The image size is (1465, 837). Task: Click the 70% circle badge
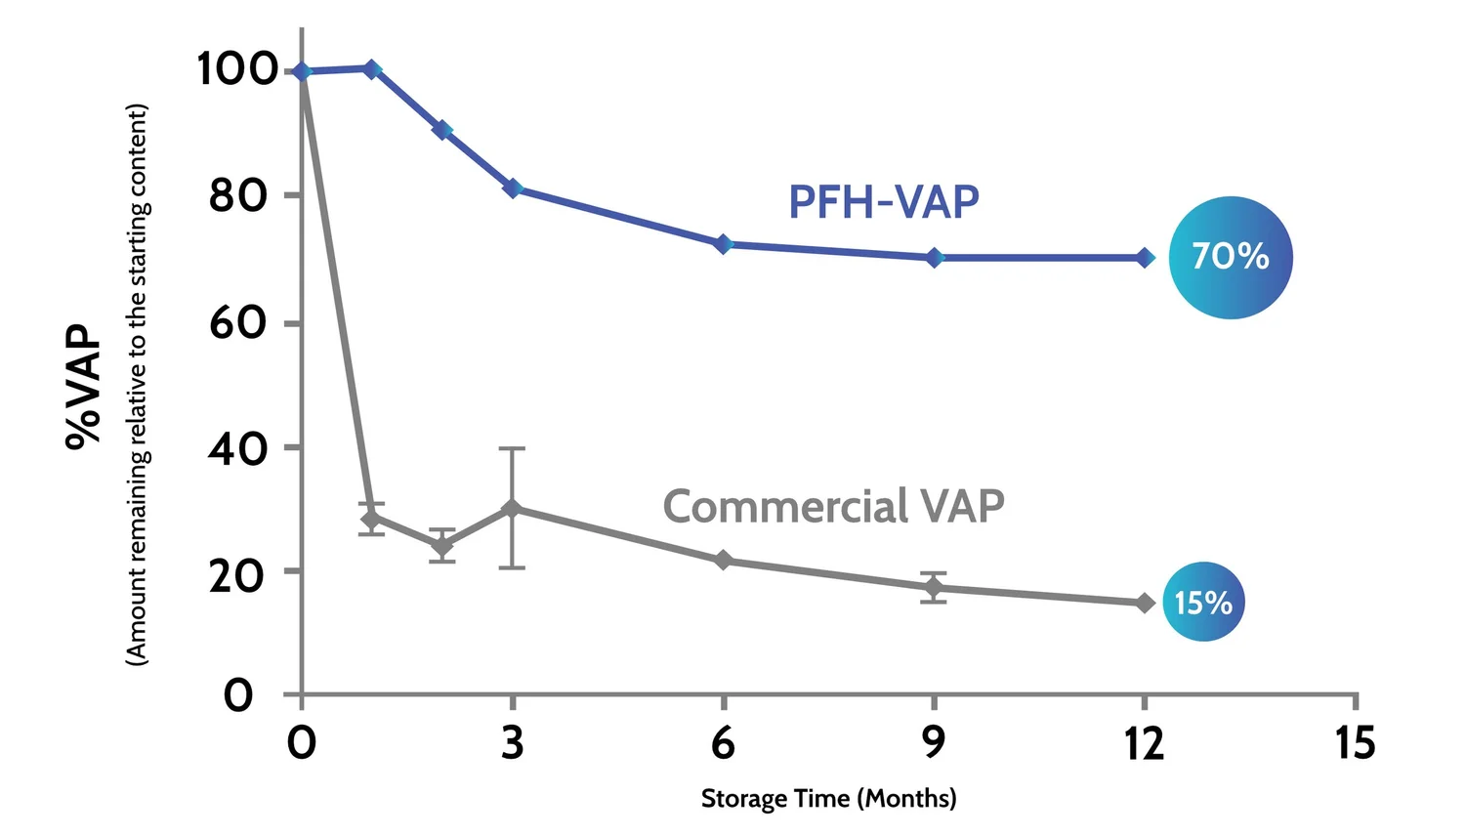tap(1230, 257)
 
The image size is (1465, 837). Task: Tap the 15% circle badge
tap(1203, 602)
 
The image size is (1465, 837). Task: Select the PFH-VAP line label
tap(883, 202)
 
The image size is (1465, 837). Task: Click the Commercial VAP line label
tap(833, 506)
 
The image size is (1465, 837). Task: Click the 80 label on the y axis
tap(237, 196)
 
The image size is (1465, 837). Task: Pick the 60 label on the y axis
tap(237, 323)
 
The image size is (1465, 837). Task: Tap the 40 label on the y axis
tap(237, 449)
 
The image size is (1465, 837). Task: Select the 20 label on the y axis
tap(237, 576)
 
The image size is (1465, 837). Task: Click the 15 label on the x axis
tap(1355, 743)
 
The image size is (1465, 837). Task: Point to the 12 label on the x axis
tap(1144, 743)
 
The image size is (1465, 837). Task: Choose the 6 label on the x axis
tap(723, 743)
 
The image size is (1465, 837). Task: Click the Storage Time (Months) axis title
tap(828, 798)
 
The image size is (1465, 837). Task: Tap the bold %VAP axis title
tap(84, 386)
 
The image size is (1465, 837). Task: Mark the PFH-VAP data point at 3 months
tap(513, 188)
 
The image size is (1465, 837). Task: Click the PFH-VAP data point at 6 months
tap(723, 243)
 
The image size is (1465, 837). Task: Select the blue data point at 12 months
tap(1145, 258)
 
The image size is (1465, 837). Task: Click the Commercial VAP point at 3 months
tap(512, 508)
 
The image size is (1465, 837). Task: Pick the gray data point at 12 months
tap(1145, 603)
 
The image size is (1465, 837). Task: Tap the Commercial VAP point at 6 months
tap(723, 560)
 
